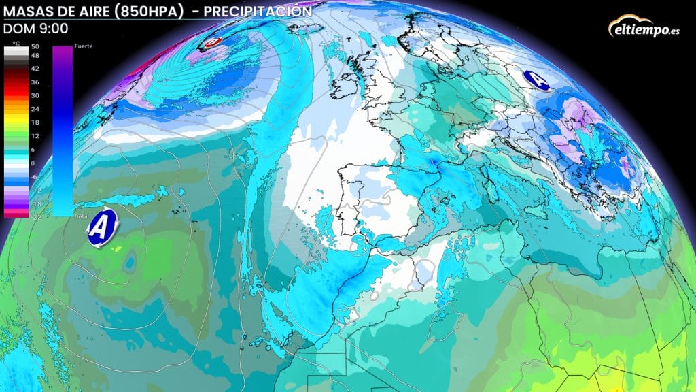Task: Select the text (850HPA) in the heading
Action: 150,12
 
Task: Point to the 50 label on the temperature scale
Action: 36,46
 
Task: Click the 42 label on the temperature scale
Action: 36,69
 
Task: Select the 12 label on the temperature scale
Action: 36,136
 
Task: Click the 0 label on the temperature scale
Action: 35,163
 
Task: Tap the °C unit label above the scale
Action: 16,43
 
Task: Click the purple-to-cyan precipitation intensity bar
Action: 63,129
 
